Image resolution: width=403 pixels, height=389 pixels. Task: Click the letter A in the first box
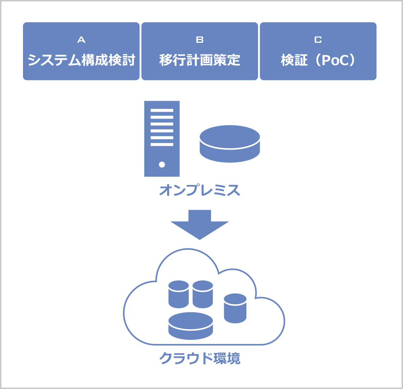click(81, 40)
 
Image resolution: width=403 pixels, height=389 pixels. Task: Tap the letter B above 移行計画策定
click(200, 40)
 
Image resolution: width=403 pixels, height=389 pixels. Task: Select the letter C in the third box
click(318, 40)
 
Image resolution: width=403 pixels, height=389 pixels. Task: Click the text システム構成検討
click(81, 60)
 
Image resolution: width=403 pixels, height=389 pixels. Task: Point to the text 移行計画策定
click(200, 60)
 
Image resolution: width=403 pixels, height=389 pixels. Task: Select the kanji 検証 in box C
click(294, 60)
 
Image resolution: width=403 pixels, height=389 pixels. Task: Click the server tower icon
click(162, 139)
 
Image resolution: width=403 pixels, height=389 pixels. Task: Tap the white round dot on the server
click(162, 164)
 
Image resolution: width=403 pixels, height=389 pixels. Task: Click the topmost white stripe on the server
click(162, 111)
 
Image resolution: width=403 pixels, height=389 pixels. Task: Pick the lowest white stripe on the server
click(162, 144)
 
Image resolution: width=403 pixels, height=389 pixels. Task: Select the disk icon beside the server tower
click(230, 144)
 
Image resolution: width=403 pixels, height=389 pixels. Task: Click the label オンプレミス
click(200, 190)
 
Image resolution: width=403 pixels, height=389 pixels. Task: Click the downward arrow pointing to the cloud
click(200, 225)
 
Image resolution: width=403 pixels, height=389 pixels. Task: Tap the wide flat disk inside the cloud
click(191, 326)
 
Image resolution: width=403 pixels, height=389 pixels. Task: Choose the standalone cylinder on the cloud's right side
click(235, 308)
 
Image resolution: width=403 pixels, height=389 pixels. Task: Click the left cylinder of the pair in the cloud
click(179, 294)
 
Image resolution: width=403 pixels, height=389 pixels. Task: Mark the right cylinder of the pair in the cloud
click(203, 294)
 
